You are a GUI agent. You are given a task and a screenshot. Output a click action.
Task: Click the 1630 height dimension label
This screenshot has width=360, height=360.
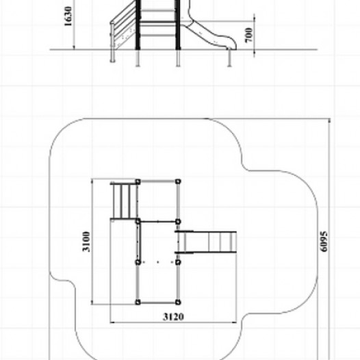(68, 16)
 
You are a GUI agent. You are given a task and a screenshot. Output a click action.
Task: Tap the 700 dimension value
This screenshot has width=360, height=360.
(249, 35)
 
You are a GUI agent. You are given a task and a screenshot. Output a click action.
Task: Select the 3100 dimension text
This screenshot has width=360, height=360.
(86, 242)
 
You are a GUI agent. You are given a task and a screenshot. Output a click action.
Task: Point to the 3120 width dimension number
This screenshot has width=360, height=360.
(174, 317)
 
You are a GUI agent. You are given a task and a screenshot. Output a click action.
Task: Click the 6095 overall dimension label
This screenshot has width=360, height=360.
(324, 242)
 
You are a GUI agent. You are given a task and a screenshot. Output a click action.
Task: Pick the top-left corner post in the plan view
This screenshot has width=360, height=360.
(138, 182)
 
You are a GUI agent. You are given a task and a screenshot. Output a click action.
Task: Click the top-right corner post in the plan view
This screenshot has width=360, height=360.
(178, 181)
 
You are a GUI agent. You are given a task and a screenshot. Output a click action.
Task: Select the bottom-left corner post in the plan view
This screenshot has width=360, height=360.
(138, 302)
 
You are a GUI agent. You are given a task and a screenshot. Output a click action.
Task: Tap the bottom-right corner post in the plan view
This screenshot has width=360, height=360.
(178, 302)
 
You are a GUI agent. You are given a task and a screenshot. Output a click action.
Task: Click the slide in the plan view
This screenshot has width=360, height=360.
(206, 242)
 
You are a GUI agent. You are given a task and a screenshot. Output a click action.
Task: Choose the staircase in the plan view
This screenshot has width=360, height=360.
(124, 201)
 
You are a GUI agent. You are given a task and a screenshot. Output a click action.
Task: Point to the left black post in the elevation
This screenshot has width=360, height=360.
(138, 25)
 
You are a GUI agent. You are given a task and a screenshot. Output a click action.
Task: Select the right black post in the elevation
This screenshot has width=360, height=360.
(178, 25)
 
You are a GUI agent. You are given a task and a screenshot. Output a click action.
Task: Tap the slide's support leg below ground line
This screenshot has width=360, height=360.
(229, 57)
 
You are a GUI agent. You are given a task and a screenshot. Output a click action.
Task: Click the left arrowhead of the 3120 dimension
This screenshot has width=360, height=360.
(112, 322)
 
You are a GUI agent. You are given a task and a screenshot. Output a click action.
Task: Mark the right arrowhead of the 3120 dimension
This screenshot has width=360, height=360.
(234, 322)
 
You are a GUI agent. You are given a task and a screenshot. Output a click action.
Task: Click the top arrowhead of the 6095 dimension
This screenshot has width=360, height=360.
(329, 121)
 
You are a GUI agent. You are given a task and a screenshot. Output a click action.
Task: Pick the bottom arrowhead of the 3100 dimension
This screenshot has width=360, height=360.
(92, 303)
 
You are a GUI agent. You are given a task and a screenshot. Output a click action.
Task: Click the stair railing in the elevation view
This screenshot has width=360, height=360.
(123, 25)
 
